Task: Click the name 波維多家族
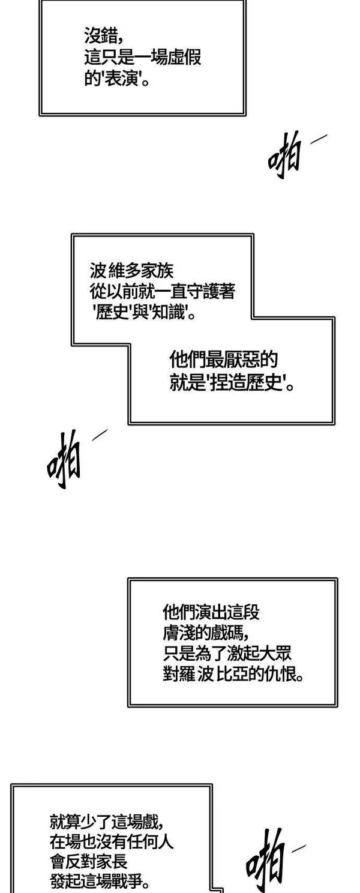coord(127,270)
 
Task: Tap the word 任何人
coord(152,842)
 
